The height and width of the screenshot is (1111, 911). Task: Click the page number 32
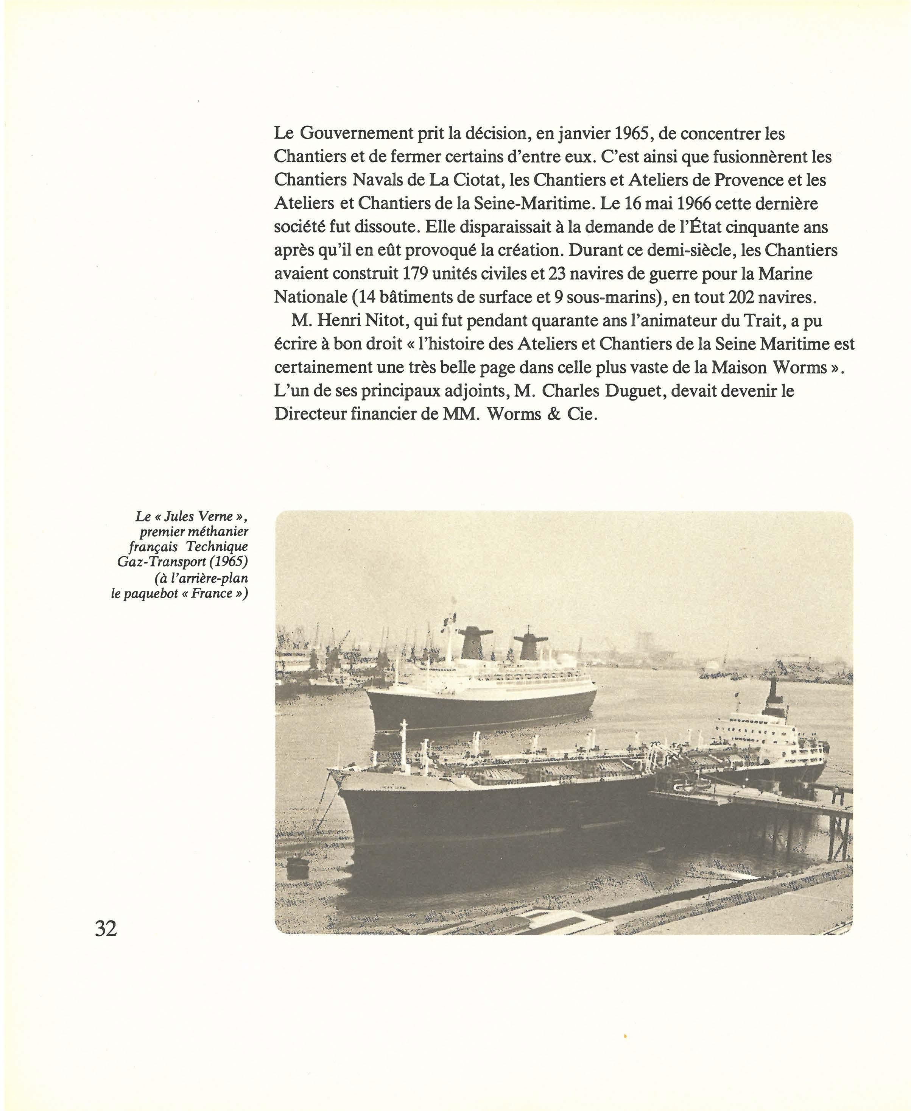tap(106, 929)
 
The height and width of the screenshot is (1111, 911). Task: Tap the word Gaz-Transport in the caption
tap(162, 562)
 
